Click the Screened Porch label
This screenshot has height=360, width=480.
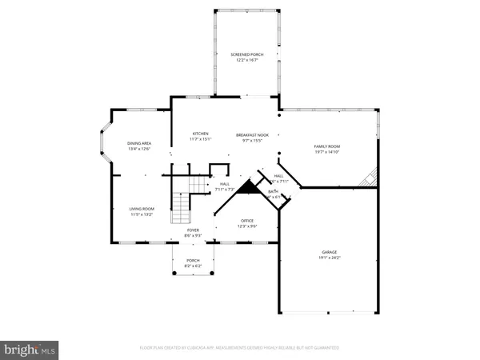point(246,54)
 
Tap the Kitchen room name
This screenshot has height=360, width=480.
point(200,133)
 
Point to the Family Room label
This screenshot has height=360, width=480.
point(326,146)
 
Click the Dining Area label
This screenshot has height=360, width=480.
point(139,143)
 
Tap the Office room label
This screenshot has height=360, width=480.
point(246,220)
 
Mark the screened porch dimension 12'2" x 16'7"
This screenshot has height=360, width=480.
point(246,59)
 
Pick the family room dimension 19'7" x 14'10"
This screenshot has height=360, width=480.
point(326,152)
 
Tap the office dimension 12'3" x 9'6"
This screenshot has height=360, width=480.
point(246,226)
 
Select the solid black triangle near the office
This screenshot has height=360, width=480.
point(248,188)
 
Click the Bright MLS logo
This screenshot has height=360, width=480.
point(30,349)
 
